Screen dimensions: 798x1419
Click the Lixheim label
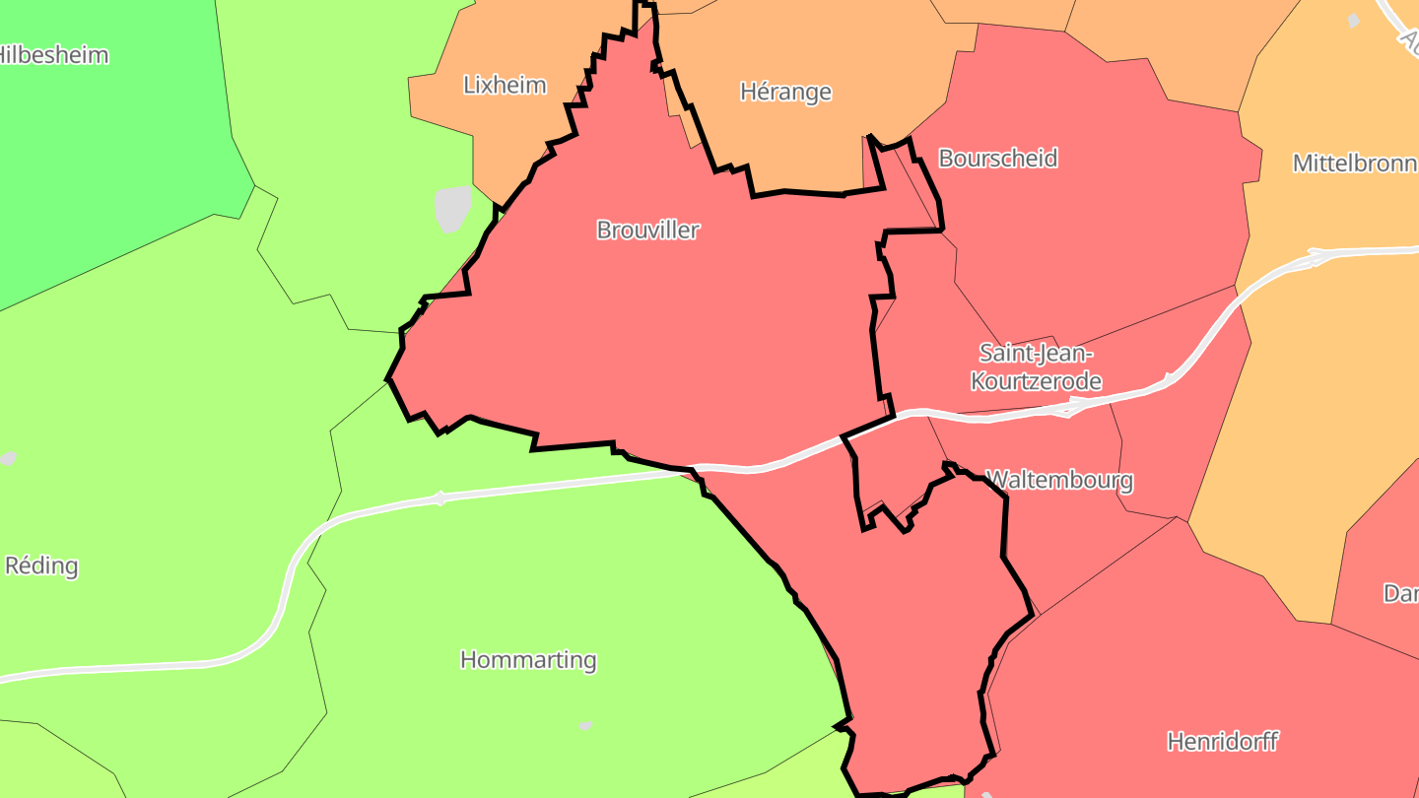505,85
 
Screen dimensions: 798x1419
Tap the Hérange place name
785,92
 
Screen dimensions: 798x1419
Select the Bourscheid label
997,158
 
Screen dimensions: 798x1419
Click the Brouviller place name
647,230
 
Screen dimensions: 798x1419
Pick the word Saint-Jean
1036,353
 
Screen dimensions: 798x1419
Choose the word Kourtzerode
1036,380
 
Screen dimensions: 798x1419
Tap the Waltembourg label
1060,481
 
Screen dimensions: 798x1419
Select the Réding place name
41,565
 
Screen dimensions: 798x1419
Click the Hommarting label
528,659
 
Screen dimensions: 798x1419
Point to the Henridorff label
1222,741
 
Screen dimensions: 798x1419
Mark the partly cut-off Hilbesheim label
53,54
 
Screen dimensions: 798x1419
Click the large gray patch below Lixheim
452,208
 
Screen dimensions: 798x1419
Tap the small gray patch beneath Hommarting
585,725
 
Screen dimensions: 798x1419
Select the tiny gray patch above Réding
8,458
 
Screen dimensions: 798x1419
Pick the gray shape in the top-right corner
1354,20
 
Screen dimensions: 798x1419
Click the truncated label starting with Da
1400,593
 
